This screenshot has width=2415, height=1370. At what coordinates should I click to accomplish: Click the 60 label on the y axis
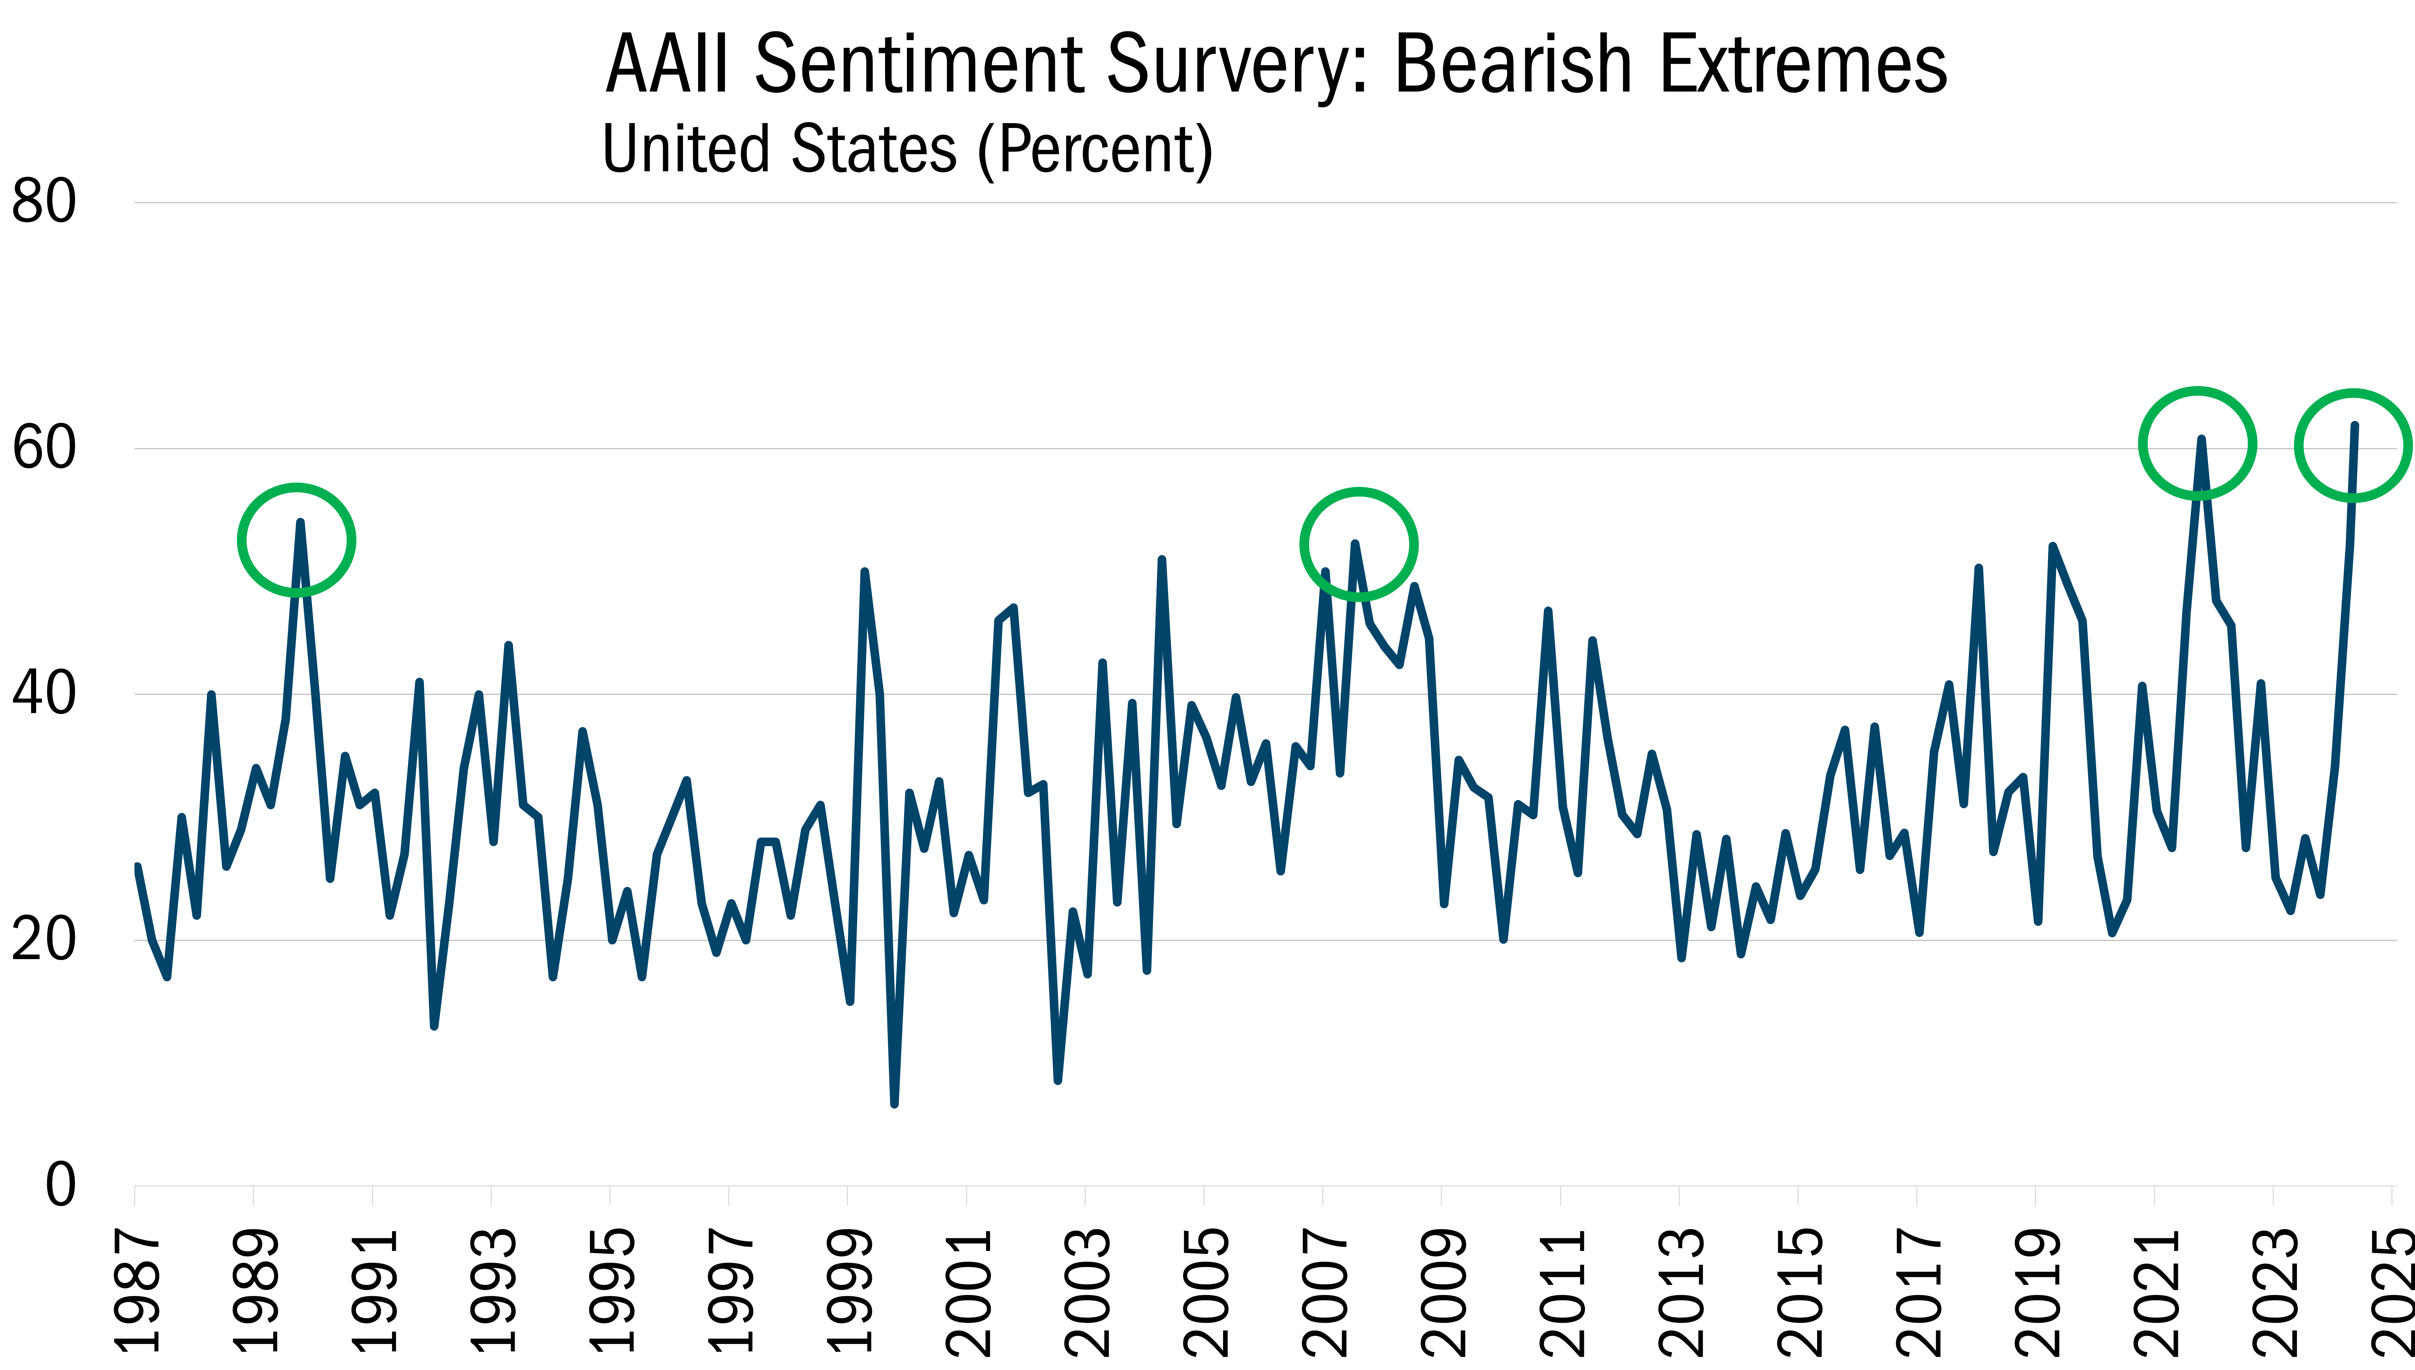click(x=43, y=448)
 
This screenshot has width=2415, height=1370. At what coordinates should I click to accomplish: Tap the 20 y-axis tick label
click(x=43, y=940)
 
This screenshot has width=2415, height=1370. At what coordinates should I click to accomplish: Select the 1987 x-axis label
click(x=136, y=1291)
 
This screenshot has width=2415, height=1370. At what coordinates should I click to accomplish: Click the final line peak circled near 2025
click(x=2354, y=425)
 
